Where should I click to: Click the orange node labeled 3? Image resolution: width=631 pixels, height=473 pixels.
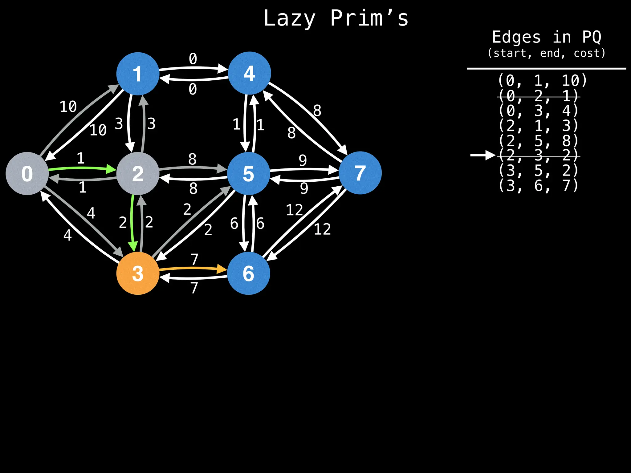tap(138, 273)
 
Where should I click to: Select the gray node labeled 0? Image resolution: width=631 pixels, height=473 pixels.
tap(27, 173)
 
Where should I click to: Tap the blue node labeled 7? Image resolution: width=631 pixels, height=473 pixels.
tap(360, 173)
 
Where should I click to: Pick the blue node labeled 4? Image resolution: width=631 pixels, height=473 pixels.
tap(249, 73)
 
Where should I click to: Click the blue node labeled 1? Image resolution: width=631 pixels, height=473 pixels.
tap(138, 74)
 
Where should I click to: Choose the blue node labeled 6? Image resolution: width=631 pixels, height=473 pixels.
tap(249, 273)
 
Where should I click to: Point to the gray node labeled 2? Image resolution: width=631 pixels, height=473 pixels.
tap(138, 173)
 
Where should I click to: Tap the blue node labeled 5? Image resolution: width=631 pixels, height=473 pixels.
tap(249, 173)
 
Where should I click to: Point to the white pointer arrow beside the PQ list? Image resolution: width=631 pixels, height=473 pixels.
tap(482, 155)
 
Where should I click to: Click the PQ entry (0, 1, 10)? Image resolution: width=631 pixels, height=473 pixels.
tap(542, 81)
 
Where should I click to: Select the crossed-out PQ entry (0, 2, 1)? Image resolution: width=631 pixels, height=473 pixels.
tap(539, 96)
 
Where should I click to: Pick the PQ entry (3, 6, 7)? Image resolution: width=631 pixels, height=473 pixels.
tap(539, 186)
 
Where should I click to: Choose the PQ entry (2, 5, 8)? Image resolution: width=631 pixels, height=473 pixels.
tap(539, 141)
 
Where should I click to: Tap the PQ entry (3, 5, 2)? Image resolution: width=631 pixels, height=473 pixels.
tap(539, 170)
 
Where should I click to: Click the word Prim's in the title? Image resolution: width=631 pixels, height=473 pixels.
tap(369, 18)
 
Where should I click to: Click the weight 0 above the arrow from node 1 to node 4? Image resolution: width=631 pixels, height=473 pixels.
tap(193, 59)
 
